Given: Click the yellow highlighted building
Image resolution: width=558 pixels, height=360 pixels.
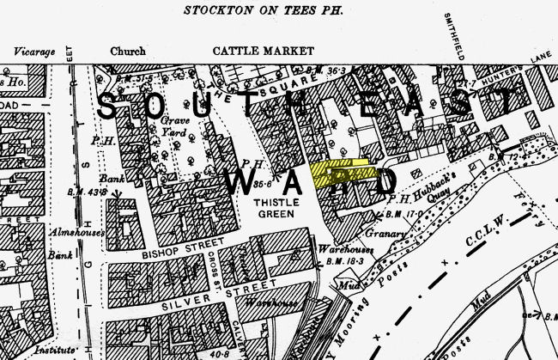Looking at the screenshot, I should pyautogui.click(x=343, y=173).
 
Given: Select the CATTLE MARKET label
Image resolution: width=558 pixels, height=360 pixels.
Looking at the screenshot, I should pyautogui.click(x=253, y=51).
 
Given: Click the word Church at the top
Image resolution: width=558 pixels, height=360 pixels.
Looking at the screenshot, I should pyautogui.click(x=128, y=51).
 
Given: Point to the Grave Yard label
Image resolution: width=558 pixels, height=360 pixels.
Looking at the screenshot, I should pyautogui.click(x=175, y=128).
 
